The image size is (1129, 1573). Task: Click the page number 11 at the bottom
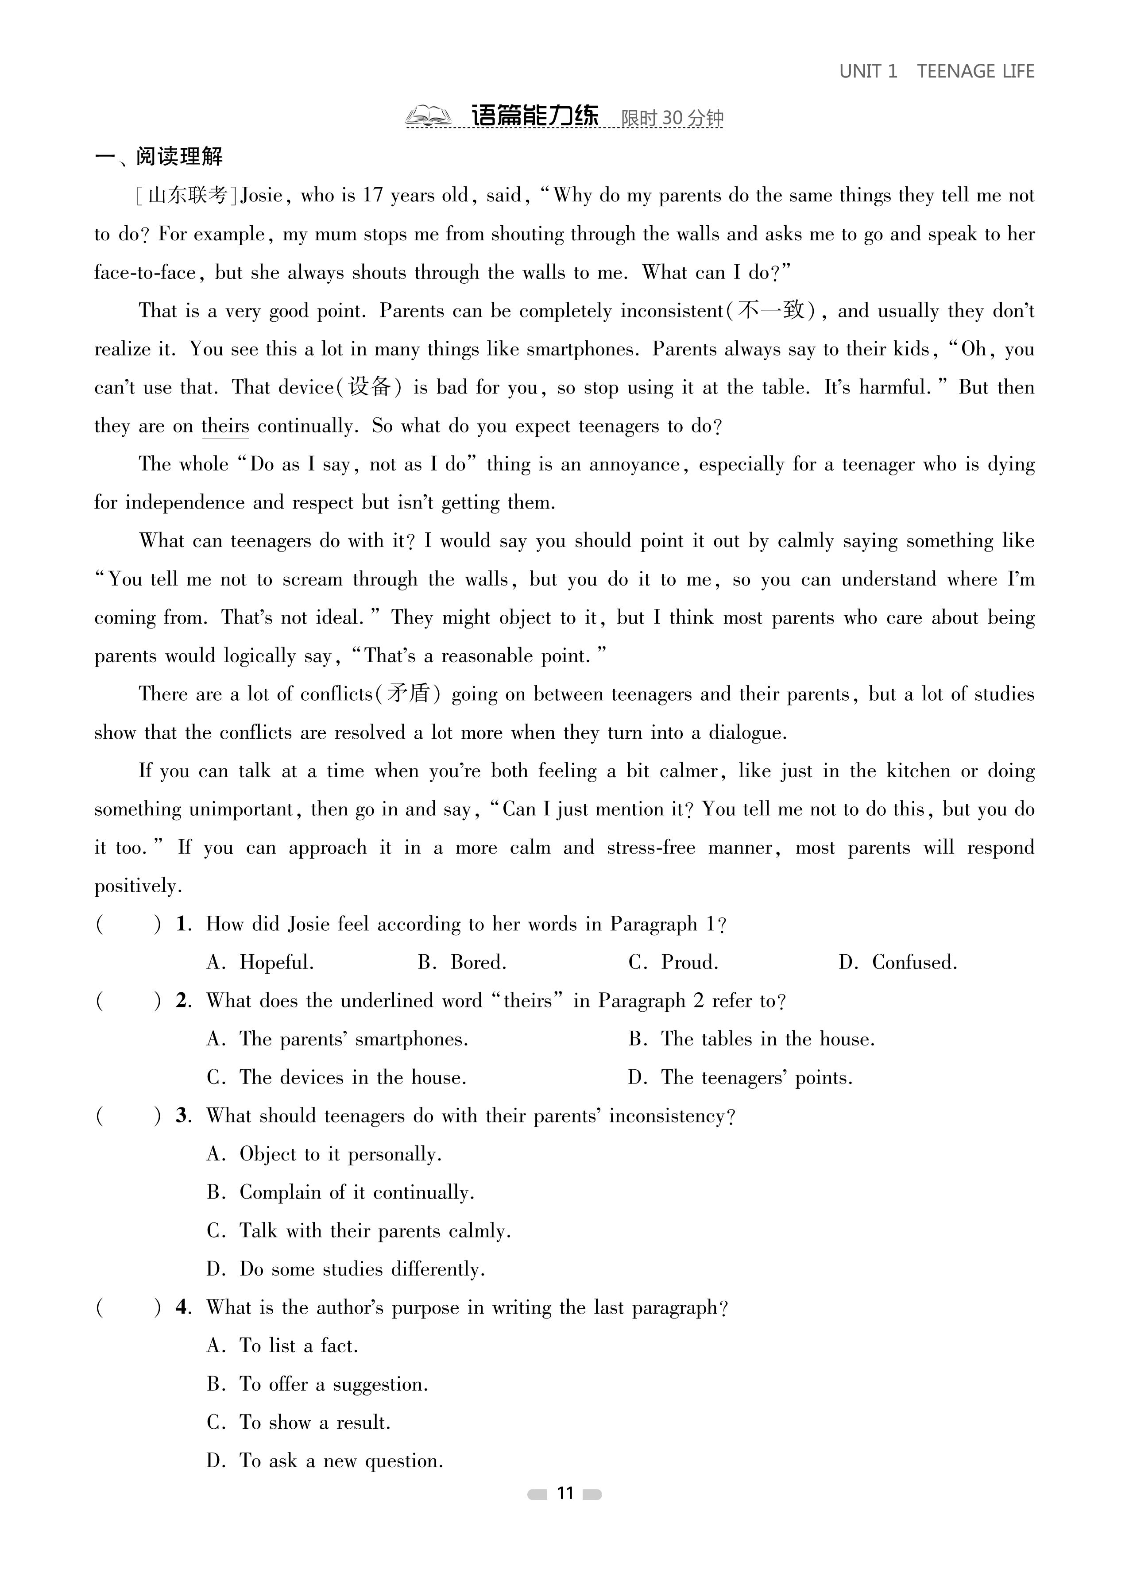[x=565, y=1493]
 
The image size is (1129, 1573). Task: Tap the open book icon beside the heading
[x=428, y=116]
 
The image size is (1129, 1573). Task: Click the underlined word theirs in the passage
[x=225, y=426]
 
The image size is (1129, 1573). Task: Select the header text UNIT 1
[x=868, y=71]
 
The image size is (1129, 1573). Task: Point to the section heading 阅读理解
[x=179, y=157]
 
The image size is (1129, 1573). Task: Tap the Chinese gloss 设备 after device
[x=369, y=387]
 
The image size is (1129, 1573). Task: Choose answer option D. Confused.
[x=898, y=962]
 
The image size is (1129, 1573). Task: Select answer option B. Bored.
[x=462, y=962]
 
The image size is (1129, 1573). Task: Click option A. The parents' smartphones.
[x=337, y=1039]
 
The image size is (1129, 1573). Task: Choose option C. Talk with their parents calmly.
[x=359, y=1230]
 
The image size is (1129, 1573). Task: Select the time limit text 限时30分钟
[x=672, y=118]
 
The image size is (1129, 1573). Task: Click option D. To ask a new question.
[x=325, y=1461]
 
